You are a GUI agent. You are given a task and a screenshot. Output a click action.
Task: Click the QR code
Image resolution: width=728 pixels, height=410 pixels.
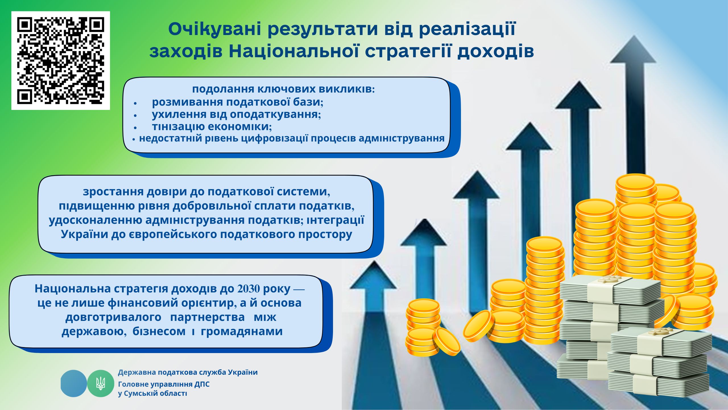61,61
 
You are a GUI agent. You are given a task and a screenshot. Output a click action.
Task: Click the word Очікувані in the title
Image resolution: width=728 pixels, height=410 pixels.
215,29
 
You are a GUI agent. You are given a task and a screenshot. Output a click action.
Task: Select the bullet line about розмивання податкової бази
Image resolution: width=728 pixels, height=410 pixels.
237,102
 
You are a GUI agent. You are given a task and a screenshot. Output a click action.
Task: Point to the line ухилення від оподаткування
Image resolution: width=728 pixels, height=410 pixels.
236,114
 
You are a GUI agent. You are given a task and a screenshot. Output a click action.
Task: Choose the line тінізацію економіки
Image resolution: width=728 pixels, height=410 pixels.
212,126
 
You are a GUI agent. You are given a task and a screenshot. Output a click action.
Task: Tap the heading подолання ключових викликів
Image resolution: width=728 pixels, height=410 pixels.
284,89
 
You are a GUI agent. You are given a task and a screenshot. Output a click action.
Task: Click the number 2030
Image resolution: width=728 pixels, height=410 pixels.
249,289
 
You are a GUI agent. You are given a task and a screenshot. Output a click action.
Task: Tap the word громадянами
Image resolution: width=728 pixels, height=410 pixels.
242,331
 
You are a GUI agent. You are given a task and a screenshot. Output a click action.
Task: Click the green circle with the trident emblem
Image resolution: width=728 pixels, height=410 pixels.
100,383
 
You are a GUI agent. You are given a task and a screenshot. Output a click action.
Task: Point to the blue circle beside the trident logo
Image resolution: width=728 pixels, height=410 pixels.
74,383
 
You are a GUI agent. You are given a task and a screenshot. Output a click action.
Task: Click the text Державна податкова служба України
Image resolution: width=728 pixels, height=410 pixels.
188,372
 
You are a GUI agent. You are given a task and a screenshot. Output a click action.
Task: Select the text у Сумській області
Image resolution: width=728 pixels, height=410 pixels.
152,393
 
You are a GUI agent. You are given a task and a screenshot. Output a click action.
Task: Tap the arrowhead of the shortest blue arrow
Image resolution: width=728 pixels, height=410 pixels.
373,274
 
